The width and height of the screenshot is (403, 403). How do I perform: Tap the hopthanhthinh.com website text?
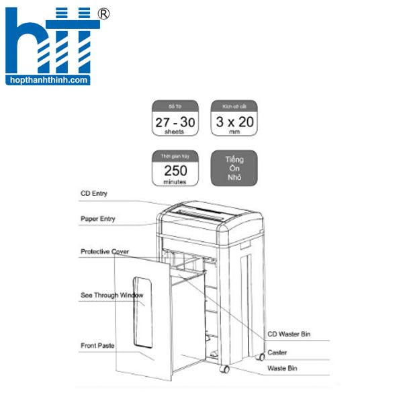[x=46, y=80]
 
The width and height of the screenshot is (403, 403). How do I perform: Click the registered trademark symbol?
[x=103, y=13]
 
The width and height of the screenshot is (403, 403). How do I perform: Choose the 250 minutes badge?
[x=175, y=168]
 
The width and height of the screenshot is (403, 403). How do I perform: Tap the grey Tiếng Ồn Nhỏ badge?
[x=234, y=168]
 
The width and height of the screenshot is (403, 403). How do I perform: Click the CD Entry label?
[x=94, y=193]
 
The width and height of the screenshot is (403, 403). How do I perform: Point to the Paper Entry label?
[x=98, y=218]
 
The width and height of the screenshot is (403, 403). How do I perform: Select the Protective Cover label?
[x=105, y=251]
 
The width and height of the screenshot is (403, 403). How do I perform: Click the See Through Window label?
[x=111, y=295]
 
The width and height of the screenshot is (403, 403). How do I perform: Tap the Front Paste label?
[x=97, y=345]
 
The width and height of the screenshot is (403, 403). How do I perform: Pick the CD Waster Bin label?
[x=289, y=334]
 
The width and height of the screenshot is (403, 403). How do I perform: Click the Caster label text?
[x=277, y=351]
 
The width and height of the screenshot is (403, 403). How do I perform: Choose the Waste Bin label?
[x=282, y=368]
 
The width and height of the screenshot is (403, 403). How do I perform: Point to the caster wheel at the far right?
[x=260, y=357]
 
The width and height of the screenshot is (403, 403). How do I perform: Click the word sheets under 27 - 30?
[x=175, y=132]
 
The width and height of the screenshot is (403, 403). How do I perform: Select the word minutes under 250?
[x=175, y=181]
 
